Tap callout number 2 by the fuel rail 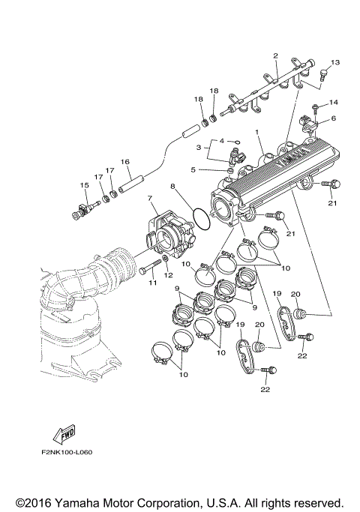coord(276,56)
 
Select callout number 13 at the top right coord(334,62)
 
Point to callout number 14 coord(334,102)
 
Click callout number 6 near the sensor coord(333,118)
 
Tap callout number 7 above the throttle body coord(150,198)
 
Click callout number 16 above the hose coord(125,161)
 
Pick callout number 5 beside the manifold coord(193,170)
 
